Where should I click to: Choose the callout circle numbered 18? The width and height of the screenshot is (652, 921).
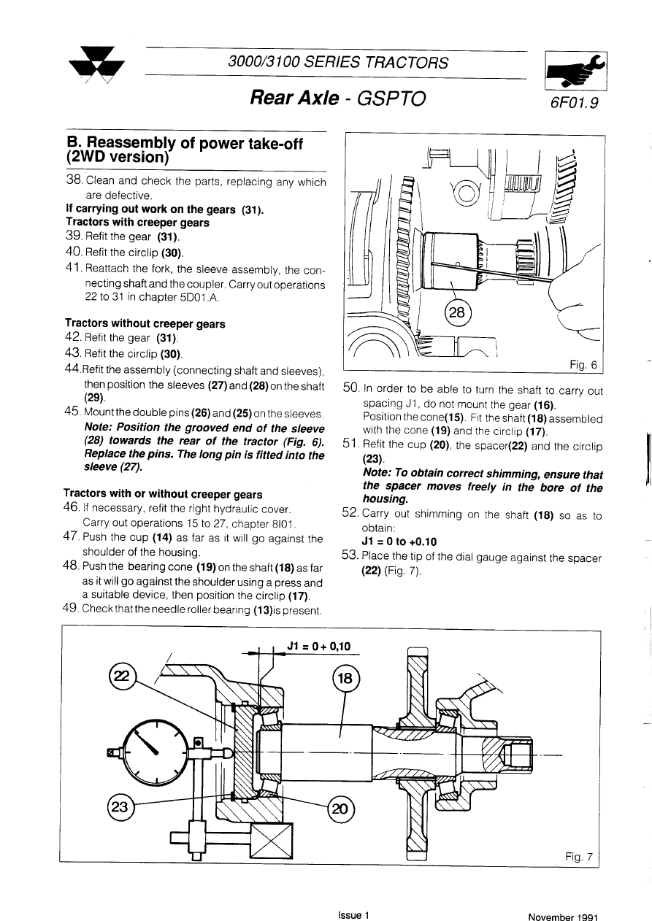click(345, 679)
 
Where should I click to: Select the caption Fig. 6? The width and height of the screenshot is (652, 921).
click(583, 364)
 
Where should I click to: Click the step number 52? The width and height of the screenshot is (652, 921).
click(350, 513)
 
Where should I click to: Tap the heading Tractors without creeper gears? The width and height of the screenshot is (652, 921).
click(145, 323)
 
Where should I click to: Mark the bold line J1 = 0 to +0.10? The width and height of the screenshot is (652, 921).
click(399, 542)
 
